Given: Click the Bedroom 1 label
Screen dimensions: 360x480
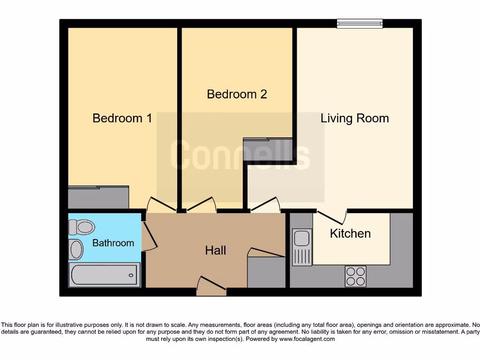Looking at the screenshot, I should pos(122,118).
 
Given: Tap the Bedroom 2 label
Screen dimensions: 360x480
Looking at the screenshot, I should pos(237,94).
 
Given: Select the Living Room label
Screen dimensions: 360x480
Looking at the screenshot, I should pos(354,118).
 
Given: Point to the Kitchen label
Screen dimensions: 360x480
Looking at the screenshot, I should pos(350,233).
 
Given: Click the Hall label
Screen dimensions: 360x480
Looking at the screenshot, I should pos(216,250).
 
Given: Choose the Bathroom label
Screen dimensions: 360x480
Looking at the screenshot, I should pos(113,243).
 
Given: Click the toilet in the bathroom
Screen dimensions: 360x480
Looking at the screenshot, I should pos(82,227).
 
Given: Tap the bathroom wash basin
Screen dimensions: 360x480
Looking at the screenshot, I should pos(76,249).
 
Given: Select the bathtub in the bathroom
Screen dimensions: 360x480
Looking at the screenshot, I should pos(105,275).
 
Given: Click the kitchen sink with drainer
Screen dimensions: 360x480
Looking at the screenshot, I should pos(302,247).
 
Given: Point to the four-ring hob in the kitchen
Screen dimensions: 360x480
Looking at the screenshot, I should pos(355,276).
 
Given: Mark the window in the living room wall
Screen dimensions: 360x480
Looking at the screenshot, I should pos(360,23).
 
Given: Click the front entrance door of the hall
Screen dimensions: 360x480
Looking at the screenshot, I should pos(211,286).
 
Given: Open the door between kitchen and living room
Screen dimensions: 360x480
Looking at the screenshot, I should pos(332,217).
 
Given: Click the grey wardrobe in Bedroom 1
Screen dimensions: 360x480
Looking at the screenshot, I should pos(98,197).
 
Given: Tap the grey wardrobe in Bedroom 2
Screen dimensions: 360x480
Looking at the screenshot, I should pos(268,149).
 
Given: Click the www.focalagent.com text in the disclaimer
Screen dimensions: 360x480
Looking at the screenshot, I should pos(307,339).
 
